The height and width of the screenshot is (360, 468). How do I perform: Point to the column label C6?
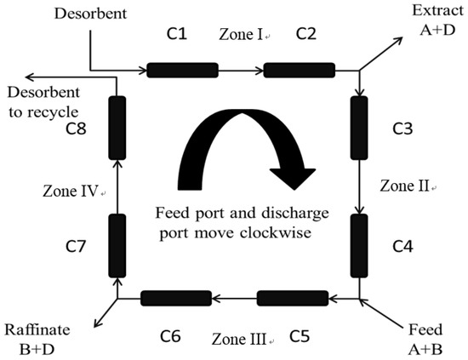[x=170, y=336]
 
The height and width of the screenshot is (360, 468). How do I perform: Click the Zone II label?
[x=405, y=185]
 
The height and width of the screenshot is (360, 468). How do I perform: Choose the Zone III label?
[x=241, y=339]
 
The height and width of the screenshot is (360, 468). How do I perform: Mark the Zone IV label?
[x=71, y=191]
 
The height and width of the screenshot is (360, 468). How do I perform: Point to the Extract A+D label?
[x=436, y=18]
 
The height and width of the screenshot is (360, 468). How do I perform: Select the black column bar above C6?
[x=175, y=298]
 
